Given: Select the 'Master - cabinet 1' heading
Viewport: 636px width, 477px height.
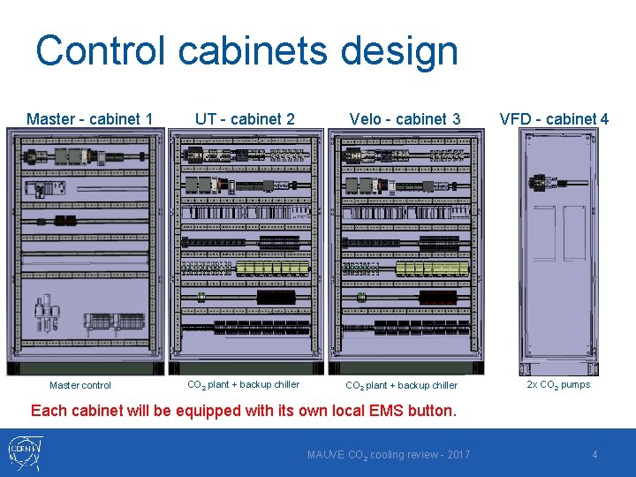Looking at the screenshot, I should point(89,118).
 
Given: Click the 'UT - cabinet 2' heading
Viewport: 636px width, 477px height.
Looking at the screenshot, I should point(245,118).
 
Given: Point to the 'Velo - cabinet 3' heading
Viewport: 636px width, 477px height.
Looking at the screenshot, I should point(405,118).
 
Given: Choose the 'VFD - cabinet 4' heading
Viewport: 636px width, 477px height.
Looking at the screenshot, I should point(554,118).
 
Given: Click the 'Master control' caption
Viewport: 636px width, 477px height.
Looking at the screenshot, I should point(80,385).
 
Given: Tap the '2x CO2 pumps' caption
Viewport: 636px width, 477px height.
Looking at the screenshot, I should point(558,384).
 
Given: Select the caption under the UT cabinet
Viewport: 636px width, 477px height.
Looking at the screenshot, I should point(243,384).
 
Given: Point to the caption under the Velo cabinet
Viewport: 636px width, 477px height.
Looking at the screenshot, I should point(401,385).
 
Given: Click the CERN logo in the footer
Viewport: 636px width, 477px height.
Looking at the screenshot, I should point(24,453).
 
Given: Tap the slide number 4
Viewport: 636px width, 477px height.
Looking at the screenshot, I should point(594,455).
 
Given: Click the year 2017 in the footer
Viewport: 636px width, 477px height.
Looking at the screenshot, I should point(457,455).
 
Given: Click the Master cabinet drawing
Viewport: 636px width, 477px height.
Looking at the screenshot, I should point(86,252).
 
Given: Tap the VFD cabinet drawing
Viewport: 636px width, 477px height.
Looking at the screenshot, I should point(559,252).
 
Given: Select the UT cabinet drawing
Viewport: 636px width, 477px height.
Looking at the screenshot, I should point(246,252).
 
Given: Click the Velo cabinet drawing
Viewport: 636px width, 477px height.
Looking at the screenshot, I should point(406,252).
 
